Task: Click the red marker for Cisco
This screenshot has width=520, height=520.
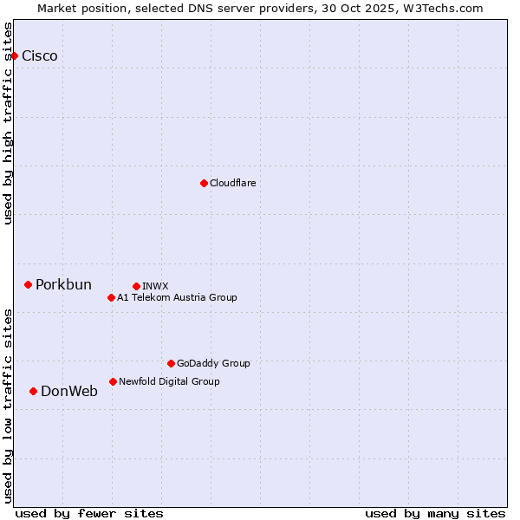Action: click(14, 55)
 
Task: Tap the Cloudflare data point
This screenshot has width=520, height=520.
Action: click(204, 183)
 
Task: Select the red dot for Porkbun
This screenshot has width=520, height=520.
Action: click(28, 284)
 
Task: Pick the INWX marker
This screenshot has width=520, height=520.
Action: click(136, 286)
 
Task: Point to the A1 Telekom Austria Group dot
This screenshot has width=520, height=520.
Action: click(111, 297)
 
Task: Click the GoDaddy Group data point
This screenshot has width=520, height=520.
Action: click(171, 363)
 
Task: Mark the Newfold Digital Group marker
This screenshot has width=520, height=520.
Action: click(113, 381)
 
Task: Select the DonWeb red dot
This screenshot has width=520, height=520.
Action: click(33, 391)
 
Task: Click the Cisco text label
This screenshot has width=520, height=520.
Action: click(40, 56)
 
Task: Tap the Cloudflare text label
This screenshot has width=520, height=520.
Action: click(233, 183)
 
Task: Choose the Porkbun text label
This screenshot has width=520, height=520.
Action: click(63, 285)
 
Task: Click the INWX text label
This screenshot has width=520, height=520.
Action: click(155, 286)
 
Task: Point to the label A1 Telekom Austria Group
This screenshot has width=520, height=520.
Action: click(177, 297)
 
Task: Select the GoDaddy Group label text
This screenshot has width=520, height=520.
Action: click(213, 363)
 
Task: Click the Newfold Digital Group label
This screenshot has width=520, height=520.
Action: click(169, 381)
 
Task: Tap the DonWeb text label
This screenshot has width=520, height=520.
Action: click(69, 392)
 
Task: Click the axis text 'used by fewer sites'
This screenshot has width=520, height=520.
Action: click(89, 513)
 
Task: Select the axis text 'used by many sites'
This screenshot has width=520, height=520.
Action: click(435, 513)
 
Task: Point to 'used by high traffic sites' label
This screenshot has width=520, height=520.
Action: click(9, 123)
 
